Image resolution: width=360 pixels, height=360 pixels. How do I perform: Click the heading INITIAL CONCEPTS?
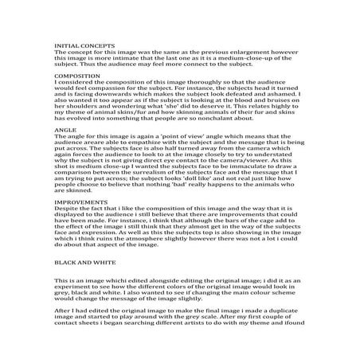[84, 46]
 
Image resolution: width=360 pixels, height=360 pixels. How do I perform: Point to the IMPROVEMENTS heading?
[82, 203]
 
